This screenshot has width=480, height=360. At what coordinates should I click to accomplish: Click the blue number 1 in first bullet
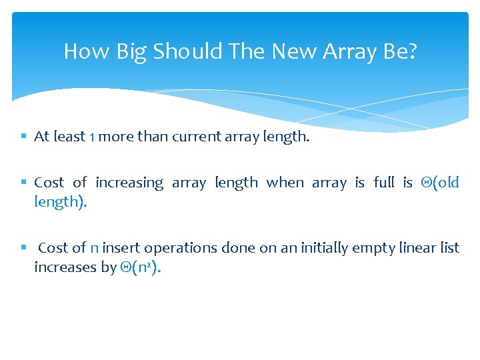[92, 137]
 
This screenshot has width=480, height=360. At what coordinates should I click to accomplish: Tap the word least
[69, 137]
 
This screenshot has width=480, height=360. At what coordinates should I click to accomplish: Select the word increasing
[129, 183]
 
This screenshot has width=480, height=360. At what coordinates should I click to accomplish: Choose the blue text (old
[440, 183]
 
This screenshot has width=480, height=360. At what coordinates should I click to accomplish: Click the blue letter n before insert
[95, 248]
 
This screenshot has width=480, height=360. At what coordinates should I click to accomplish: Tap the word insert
[121, 248]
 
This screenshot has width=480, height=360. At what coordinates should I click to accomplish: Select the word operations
[180, 248]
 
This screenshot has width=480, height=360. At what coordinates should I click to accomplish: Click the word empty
[375, 248]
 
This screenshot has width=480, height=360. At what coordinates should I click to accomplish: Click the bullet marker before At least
[23, 137]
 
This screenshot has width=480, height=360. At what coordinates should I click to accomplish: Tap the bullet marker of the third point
[23, 248]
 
